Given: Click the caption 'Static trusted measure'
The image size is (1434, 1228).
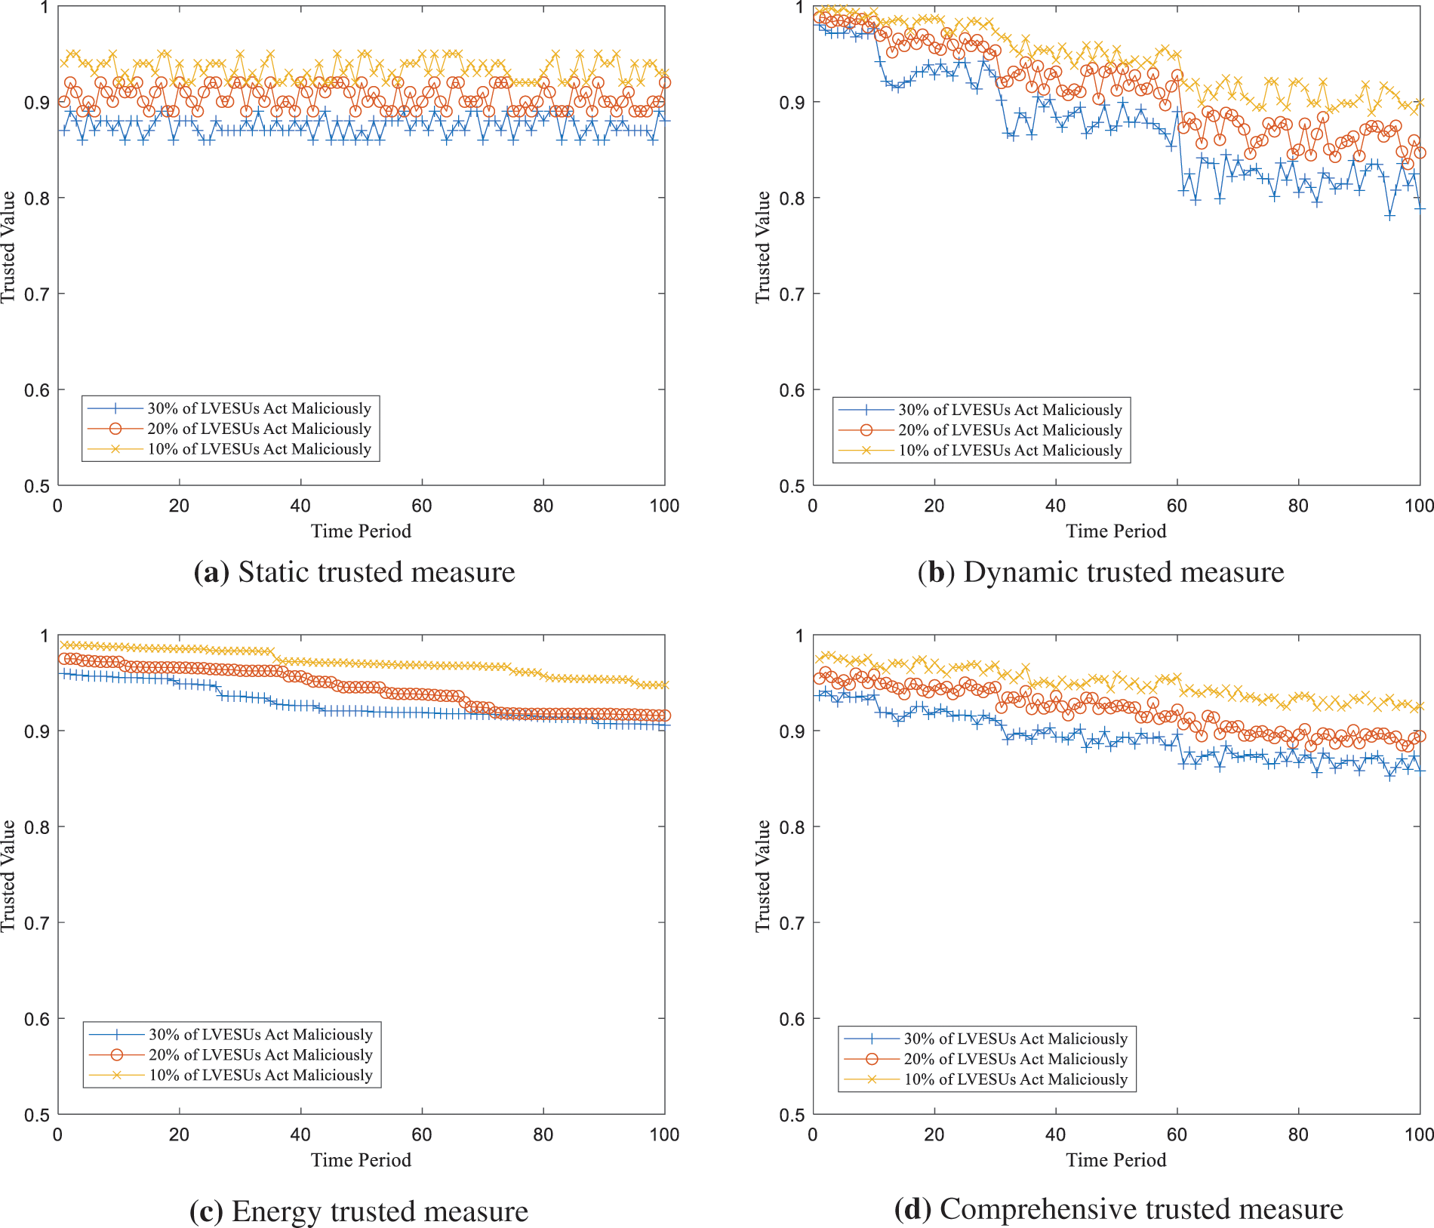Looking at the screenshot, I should pos(377,572).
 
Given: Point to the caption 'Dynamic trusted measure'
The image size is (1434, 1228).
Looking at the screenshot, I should pos(1124,572).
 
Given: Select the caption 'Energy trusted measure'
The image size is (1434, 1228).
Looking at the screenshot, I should pos(380,1211).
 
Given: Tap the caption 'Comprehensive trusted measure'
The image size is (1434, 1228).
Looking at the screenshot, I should pos(1141,1209).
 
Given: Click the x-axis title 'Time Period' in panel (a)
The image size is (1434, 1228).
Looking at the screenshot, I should pos(361,531).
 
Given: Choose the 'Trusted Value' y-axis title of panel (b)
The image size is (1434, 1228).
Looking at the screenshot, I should pos(762,247).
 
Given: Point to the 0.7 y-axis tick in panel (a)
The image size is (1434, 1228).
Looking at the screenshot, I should pos(36,294).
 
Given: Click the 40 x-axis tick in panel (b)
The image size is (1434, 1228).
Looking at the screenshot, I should pos(1055,506).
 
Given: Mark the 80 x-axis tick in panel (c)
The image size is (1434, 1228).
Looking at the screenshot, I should pos(543,1134).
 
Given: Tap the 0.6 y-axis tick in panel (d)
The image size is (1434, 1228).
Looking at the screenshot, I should pos(792,1019).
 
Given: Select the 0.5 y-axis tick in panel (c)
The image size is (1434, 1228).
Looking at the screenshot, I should pos(36,1115).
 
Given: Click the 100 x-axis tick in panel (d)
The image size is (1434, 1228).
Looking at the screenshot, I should pos(1418,1134).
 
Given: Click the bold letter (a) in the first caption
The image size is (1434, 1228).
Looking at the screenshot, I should pos(211,572).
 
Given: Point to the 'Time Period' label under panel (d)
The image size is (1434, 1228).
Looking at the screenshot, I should pos(1116,1160).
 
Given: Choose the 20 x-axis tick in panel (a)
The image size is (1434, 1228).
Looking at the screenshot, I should pos(179,506).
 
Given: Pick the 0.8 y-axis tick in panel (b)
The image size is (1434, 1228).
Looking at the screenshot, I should pos(792,199).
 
